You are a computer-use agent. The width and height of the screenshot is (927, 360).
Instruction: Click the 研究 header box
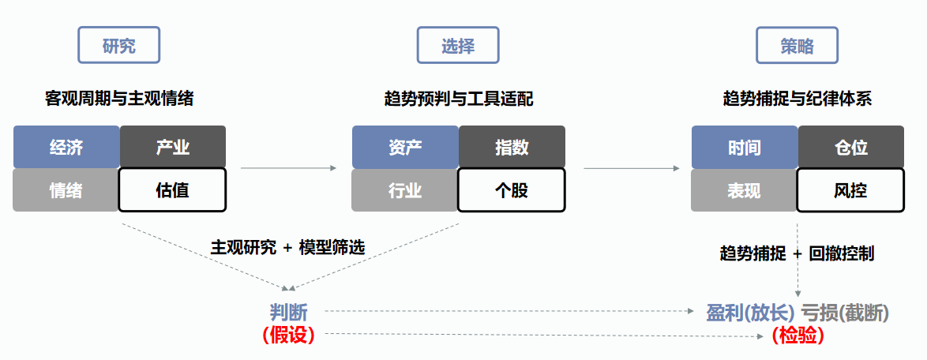[x=118, y=46]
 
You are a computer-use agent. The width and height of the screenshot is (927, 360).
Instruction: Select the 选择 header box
[x=458, y=46]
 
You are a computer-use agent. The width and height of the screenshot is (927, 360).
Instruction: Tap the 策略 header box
[x=797, y=46]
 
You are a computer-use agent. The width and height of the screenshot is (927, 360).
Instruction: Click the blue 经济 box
[x=66, y=147]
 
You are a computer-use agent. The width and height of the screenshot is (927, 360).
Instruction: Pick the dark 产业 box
[x=173, y=147]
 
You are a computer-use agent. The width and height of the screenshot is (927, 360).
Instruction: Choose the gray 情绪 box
[x=66, y=190]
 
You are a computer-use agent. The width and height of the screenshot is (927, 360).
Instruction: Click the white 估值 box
[x=173, y=190]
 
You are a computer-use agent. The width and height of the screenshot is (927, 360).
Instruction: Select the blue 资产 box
[x=405, y=147]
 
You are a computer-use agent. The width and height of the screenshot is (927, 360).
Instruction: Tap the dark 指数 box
[x=512, y=147]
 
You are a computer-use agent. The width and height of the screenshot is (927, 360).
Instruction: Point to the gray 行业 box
[x=405, y=190]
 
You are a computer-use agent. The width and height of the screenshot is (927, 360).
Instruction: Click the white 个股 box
[x=512, y=190]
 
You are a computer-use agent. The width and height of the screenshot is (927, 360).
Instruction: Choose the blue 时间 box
[x=744, y=147]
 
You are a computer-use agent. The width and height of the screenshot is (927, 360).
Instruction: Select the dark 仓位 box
[x=850, y=147]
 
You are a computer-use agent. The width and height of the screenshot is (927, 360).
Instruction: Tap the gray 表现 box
[x=744, y=190]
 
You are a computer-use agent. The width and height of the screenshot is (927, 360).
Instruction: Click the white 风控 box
[x=850, y=190]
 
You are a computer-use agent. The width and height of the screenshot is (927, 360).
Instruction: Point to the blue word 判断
[x=288, y=312]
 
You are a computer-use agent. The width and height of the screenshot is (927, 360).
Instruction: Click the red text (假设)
[x=288, y=335]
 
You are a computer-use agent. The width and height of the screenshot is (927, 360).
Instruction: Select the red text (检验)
[x=798, y=335]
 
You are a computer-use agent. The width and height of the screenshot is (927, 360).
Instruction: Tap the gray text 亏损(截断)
[x=845, y=313]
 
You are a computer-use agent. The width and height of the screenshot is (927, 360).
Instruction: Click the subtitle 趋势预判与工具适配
[x=458, y=99]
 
